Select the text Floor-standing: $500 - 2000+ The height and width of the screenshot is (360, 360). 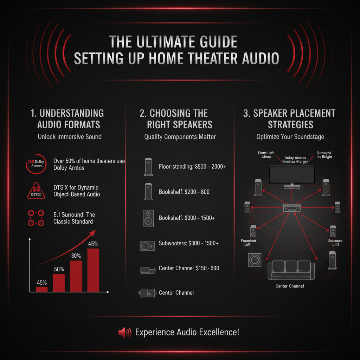pyautogui.click(x=192, y=166)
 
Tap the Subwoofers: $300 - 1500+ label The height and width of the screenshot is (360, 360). pyautogui.click(x=189, y=243)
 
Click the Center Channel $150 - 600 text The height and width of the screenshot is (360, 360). pyautogui.click(x=189, y=268)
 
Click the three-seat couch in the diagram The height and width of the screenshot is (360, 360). pyautogui.click(x=289, y=270)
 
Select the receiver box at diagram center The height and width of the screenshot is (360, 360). pyautogui.click(x=291, y=208)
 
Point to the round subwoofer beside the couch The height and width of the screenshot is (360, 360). pyautogui.click(x=254, y=261)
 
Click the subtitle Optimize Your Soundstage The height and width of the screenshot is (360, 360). pyautogui.click(x=290, y=137)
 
